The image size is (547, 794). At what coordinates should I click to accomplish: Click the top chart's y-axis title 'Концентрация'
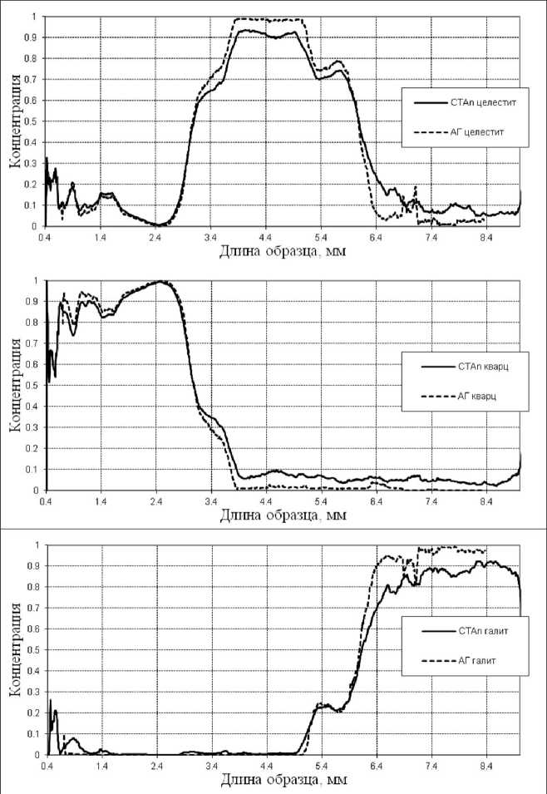point(15,121)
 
